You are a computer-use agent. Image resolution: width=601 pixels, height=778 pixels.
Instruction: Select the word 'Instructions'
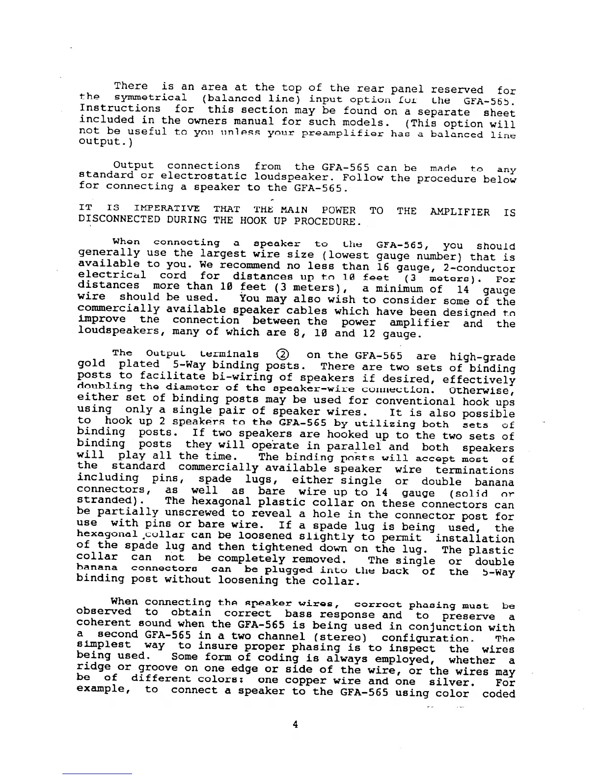pyautogui.click(x=120, y=109)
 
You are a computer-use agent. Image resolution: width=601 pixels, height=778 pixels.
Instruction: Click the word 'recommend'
pyautogui.click(x=233, y=266)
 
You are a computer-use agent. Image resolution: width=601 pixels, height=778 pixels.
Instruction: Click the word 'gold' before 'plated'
pyautogui.click(x=92, y=364)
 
